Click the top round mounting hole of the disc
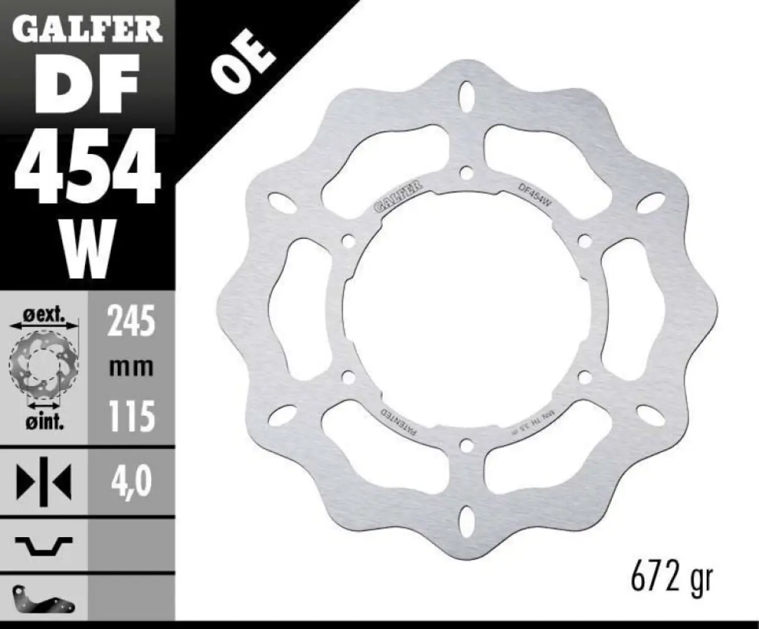(466, 171)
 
